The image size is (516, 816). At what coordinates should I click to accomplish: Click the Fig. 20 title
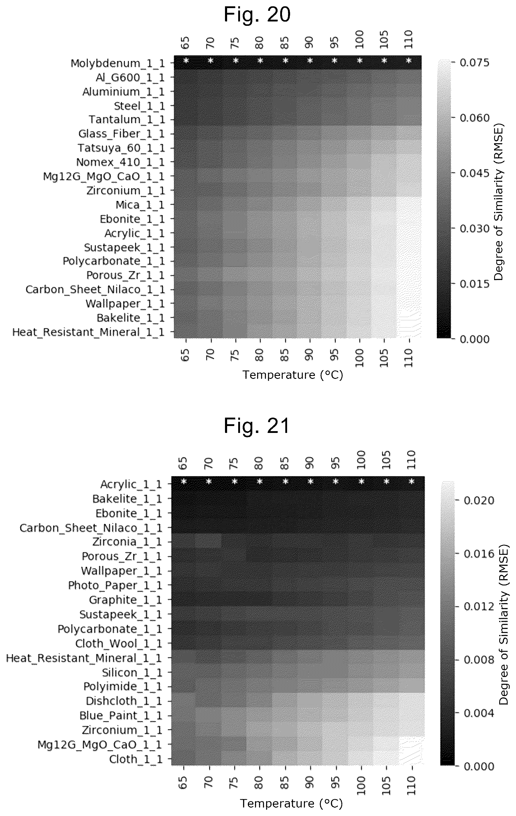[257, 15]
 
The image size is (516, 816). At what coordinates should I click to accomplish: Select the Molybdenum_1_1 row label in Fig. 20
[118, 64]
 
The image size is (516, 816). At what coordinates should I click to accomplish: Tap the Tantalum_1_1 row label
[127, 120]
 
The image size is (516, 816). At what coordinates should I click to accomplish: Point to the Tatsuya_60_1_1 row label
[121, 148]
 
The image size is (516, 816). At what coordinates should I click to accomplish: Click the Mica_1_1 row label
[140, 205]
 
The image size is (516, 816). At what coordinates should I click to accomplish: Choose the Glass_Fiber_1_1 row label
[122, 134]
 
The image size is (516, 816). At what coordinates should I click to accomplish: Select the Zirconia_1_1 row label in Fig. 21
[127, 542]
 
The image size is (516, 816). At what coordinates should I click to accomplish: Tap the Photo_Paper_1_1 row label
[115, 585]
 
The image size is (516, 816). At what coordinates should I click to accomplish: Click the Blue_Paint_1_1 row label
[121, 716]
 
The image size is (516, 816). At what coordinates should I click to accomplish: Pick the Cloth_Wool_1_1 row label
[119, 643]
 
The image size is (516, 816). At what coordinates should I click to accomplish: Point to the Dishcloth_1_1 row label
[124, 701]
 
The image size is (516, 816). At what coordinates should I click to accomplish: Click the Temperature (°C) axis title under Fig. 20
[293, 375]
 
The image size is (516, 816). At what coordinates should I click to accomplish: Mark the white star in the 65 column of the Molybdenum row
[186, 61]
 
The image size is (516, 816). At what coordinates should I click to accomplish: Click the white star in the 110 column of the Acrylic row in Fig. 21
[412, 482]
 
